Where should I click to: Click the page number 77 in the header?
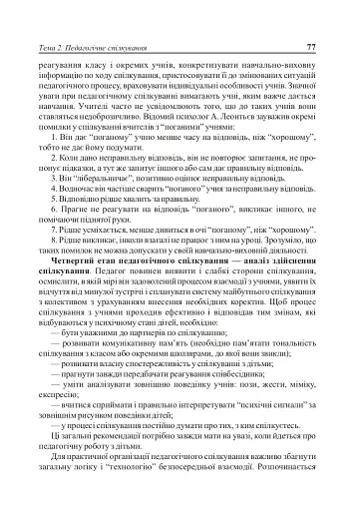point(311,19)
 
